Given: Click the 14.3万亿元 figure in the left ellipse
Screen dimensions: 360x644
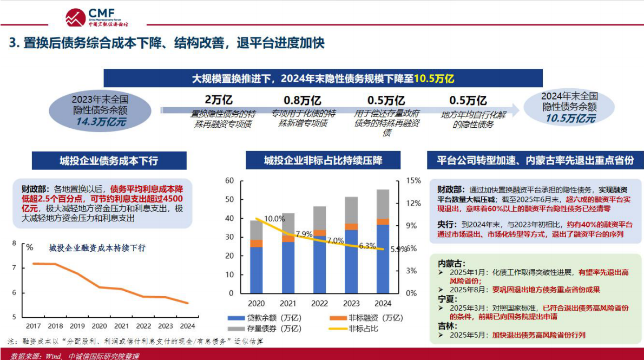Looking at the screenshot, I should pyautogui.click(x=101, y=122).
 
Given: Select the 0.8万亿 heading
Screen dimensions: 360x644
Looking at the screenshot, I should pyautogui.click(x=303, y=100).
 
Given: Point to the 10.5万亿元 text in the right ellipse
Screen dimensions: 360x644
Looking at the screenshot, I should pyautogui.click(x=570, y=119).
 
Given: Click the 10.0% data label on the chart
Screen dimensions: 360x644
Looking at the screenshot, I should pyautogui.click(x=274, y=219).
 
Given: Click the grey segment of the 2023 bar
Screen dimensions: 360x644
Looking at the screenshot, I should pyautogui.click(x=352, y=210).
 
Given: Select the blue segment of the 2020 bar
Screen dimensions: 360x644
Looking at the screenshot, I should pyautogui.click(x=256, y=270).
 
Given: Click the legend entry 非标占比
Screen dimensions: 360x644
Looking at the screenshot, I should pyautogui.click(x=363, y=328).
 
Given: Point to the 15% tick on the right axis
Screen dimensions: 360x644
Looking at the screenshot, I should pyautogui.click(x=413, y=180).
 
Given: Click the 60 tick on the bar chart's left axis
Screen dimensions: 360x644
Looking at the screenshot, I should pyautogui.click(x=229, y=180).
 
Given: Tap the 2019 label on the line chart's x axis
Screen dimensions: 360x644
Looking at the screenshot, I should pyautogui.click(x=77, y=326).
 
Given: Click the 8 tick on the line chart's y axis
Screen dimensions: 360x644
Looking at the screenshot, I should pyautogui.click(x=14, y=244).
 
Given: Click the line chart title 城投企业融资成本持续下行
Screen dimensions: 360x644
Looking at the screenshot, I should pyautogui.click(x=97, y=248).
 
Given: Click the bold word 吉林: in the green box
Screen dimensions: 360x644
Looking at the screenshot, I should pyautogui.click(x=447, y=326).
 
